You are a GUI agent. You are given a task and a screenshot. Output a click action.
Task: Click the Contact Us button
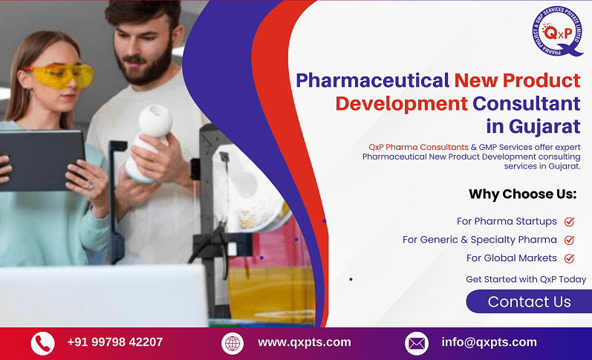tap(529, 301)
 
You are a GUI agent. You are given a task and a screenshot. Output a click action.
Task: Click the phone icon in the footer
tap(42, 343)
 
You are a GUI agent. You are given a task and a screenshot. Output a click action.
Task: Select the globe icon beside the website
tap(232, 343)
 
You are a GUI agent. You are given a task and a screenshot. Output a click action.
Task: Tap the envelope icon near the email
tap(416, 343)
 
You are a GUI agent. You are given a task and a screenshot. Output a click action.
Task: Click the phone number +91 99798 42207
tap(114, 342)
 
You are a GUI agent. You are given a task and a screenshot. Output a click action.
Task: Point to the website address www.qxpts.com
tap(304, 342)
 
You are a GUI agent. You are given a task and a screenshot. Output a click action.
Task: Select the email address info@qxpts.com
tap(489, 342)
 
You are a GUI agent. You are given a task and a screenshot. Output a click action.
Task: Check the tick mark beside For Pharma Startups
tap(569, 221)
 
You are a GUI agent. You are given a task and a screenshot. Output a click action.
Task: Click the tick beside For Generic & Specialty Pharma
tap(569, 240)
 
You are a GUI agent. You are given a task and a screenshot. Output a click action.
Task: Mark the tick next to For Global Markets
tap(569, 258)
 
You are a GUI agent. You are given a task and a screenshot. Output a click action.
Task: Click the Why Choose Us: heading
tap(522, 194)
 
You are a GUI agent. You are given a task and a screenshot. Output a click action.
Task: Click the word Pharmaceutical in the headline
tap(372, 80)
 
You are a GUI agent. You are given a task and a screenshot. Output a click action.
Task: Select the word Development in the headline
tap(401, 102)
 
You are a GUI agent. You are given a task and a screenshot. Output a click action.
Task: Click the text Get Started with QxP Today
tap(526, 279)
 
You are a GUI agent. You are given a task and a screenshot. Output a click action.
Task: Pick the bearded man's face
tap(146, 45)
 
